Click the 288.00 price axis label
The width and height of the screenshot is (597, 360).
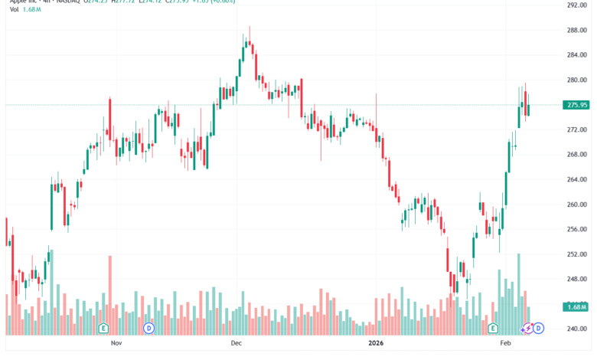[576, 31]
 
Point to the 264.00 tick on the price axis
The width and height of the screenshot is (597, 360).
[576, 180]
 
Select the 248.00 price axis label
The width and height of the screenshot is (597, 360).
[576, 280]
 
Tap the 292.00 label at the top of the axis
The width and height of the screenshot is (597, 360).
[576, 5]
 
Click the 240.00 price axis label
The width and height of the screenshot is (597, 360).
[576, 329]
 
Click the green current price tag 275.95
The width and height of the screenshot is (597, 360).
[576, 105]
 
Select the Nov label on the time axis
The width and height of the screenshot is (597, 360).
[116, 344]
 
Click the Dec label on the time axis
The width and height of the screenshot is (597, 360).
[236, 344]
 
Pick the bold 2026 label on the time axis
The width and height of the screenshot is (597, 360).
[375, 344]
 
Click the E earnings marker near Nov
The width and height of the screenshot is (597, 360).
[102, 328]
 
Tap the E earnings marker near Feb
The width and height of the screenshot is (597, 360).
[494, 328]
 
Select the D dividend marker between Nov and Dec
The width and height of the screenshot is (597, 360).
[148, 328]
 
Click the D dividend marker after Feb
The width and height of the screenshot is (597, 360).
[539, 328]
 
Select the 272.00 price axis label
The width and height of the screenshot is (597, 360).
[576, 130]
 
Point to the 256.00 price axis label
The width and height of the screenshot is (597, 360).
[576, 230]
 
